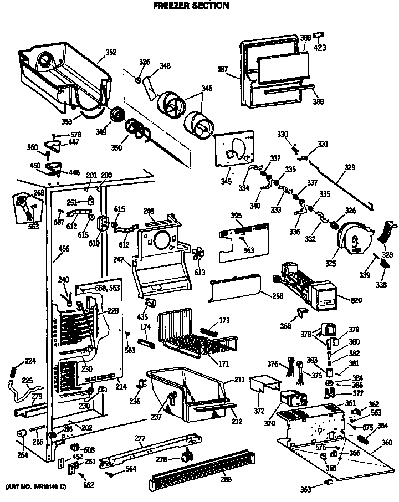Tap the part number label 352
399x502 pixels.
tap(111, 53)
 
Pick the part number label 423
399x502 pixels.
tap(320, 48)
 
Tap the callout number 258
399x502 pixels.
tap(277, 296)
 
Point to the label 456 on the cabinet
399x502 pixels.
tap(64, 249)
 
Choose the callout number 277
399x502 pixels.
tap(140, 438)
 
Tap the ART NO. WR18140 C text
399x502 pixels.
tap(36, 486)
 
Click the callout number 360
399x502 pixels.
tap(386, 442)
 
